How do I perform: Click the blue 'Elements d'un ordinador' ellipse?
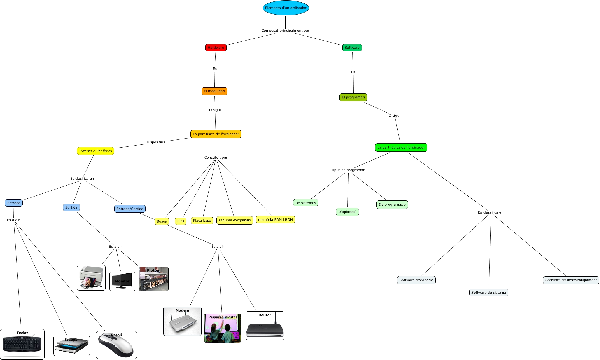pyautogui.click(x=286, y=8)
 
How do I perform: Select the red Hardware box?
pyautogui.click(x=216, y=48)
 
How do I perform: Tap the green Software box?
pyautogui.click(x=352, y=48)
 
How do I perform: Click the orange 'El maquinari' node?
pyautogui.click(x=214, y=91)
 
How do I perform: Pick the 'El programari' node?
pyautogui.click(x=353, y=97)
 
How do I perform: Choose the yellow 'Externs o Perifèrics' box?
pyautogui.click(x=95, y=151)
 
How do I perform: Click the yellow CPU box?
pyautogui.click(x=181, y=221)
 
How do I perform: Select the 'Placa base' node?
pyautogui.click(x=202, y=221)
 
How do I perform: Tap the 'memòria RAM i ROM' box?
pyautogui.click(x=275, y=220)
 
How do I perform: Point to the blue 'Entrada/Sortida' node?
pyautogui.click(x=130, y=209)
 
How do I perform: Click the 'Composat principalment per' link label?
pyautogui.click(x=285, y=31)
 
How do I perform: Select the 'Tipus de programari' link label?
pyautogui.click(x=348, y=170)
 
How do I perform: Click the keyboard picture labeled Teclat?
pyautogui.click(x=22, y=345)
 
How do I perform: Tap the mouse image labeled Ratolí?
pyautogui.click(x=116, y=345)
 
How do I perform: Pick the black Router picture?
pyautogui.click(x=265, y=326)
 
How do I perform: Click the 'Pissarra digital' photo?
pyautogui.click(x=223, y=328)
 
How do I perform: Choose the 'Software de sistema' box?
pyautogui.click(x=489, y=293)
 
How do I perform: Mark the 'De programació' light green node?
pyautogui.click(x=392, y=205)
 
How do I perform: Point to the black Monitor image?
pyautogui.click(x=122, y=281)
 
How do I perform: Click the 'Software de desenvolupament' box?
pyautogui.click(x=571, y=280)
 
